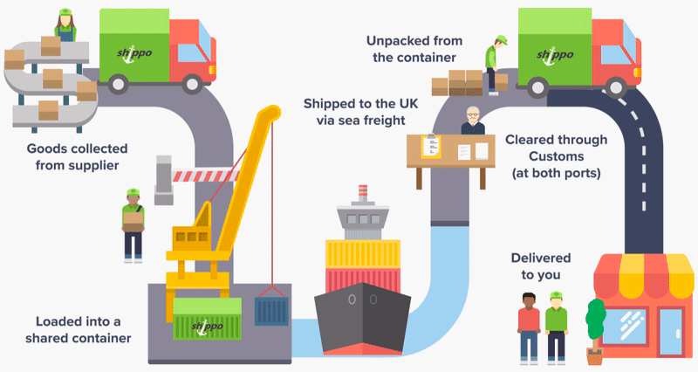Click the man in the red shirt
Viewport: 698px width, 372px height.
coord(529,327)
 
